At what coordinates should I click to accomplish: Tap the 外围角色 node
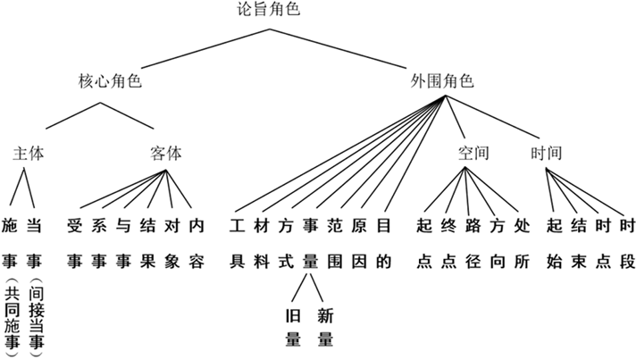click(441, 81)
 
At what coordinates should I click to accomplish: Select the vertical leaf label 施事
click(10, 242)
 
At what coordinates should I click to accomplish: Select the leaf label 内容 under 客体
click(197, 242)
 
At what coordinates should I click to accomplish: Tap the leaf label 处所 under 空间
click(523, 242)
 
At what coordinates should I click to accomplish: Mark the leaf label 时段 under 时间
click(627, 242)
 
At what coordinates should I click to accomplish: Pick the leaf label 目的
click(384, 242)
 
